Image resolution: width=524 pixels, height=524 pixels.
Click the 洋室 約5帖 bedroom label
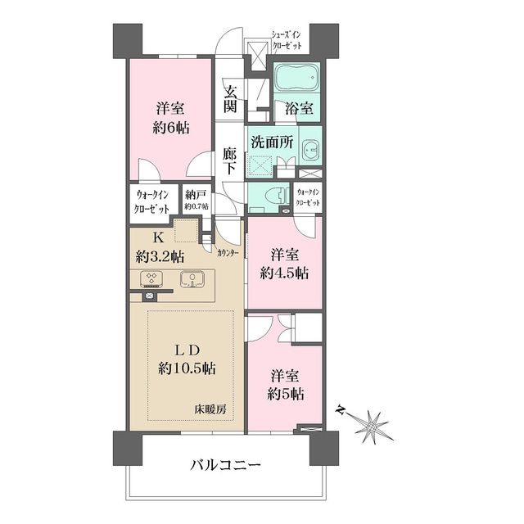click(287, 384)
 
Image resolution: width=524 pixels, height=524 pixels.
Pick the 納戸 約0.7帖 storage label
click(196, 200)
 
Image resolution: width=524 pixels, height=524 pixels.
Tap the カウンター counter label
click(228, 253)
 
